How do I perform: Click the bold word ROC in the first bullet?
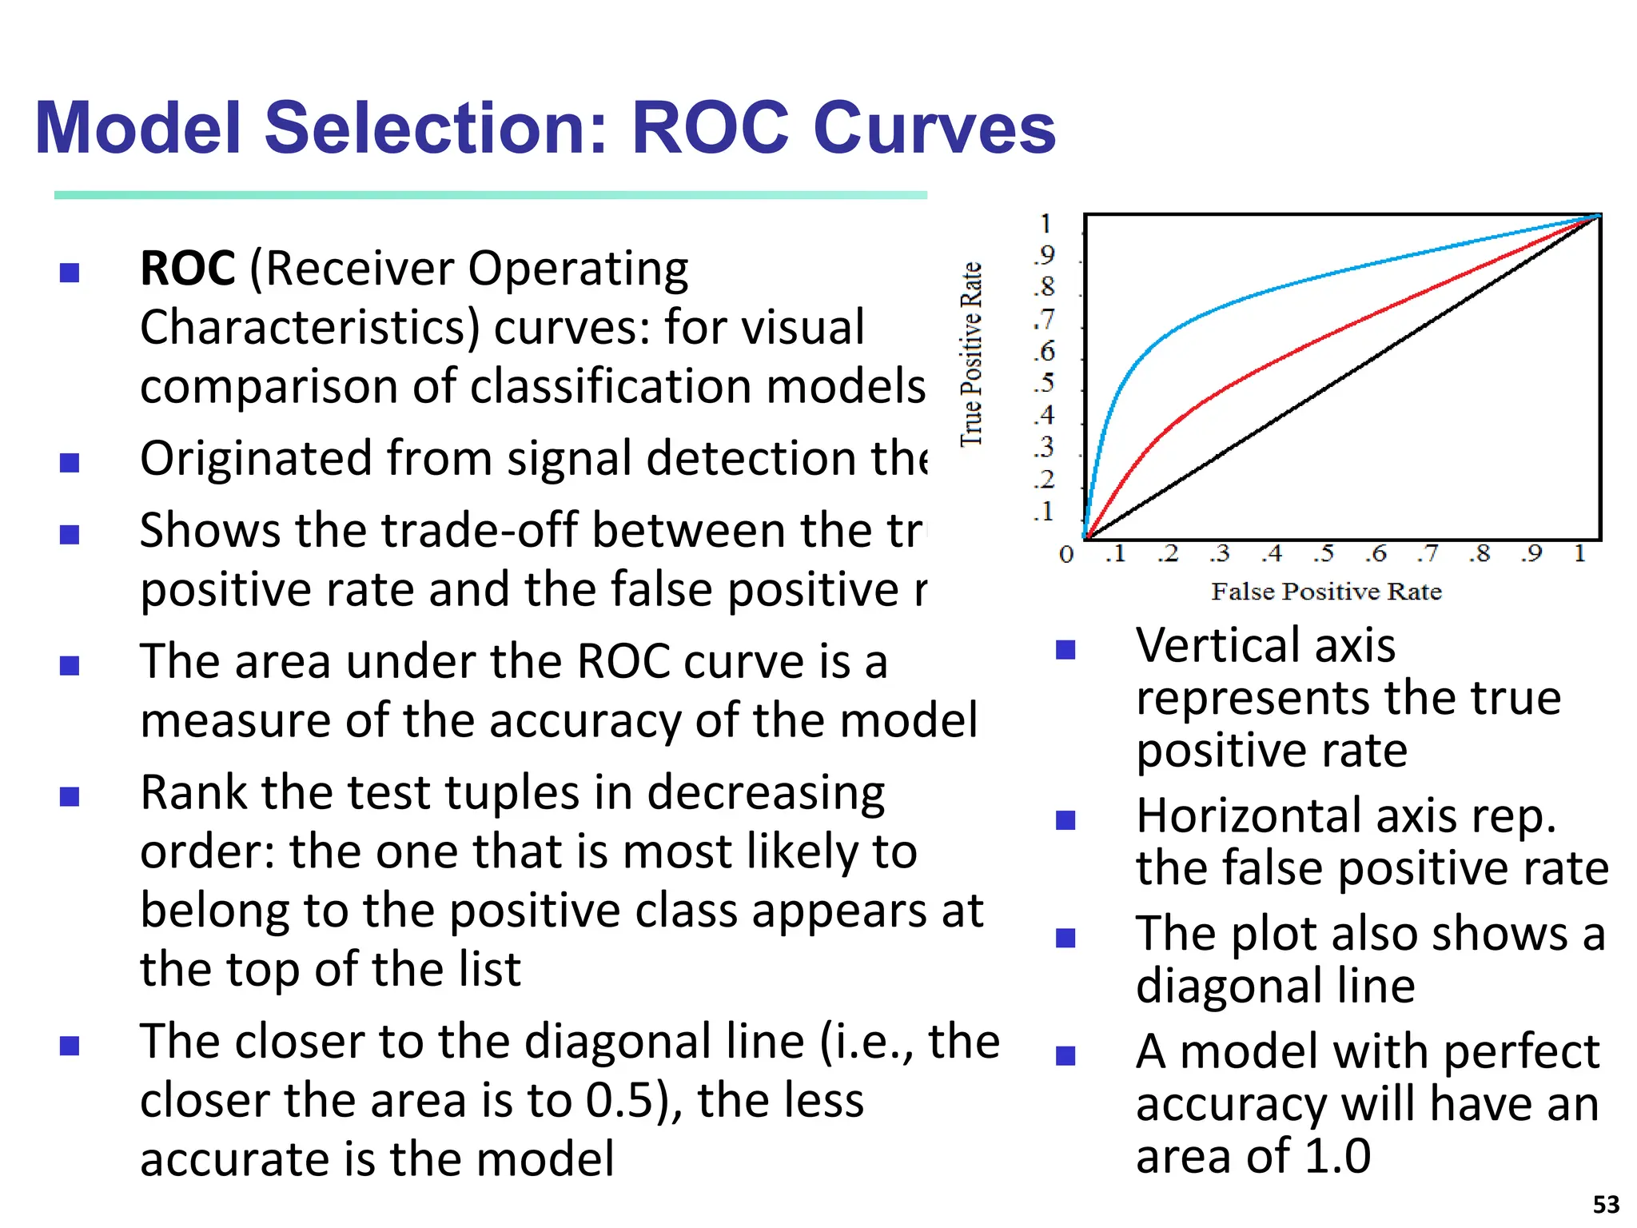click(x=187, y=269)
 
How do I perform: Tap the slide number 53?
click(x=1606, y=1204)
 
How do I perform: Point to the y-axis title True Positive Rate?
click(x=970, y=354)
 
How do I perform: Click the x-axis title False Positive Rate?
click(x=1326, y=592)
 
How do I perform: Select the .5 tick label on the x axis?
click(x=1324, y=553)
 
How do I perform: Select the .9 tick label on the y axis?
click(x=1044, y=255)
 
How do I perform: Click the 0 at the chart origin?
click(x=1066, y=554)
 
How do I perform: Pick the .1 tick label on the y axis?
click(x=1044, y=511)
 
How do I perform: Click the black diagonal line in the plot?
click(x=1343, y=376)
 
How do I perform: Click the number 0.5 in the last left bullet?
click(x=620, y=1101)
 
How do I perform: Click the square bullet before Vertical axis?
click(x=1065, y=649)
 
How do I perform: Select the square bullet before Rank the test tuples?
click(x=70, y=796)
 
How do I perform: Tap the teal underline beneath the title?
click(x=490, y=195)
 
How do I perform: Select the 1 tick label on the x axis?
click(x=1579, y=553)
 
